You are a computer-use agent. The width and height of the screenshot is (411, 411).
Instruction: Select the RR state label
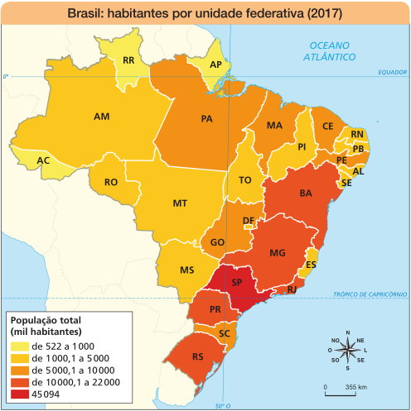(x=128, y=61)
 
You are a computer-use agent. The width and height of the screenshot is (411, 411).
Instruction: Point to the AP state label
(x=215, y=65)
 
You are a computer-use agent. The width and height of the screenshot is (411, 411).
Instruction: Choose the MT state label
(x=179, y=203)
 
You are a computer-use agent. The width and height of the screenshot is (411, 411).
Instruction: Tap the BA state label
(x=305, y=194)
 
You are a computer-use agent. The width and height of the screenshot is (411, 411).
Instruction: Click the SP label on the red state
(x=236, y=282)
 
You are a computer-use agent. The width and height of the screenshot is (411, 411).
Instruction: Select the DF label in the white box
(x=249, y=219)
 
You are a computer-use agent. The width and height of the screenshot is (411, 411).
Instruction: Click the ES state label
(x=310, y=265)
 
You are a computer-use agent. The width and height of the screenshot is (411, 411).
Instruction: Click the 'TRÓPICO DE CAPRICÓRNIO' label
(x=370, y=294)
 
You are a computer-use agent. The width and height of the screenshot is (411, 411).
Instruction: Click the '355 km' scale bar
(x=341, y=389)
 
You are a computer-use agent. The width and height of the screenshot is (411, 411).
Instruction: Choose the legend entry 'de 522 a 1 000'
(x=62, y=345)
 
